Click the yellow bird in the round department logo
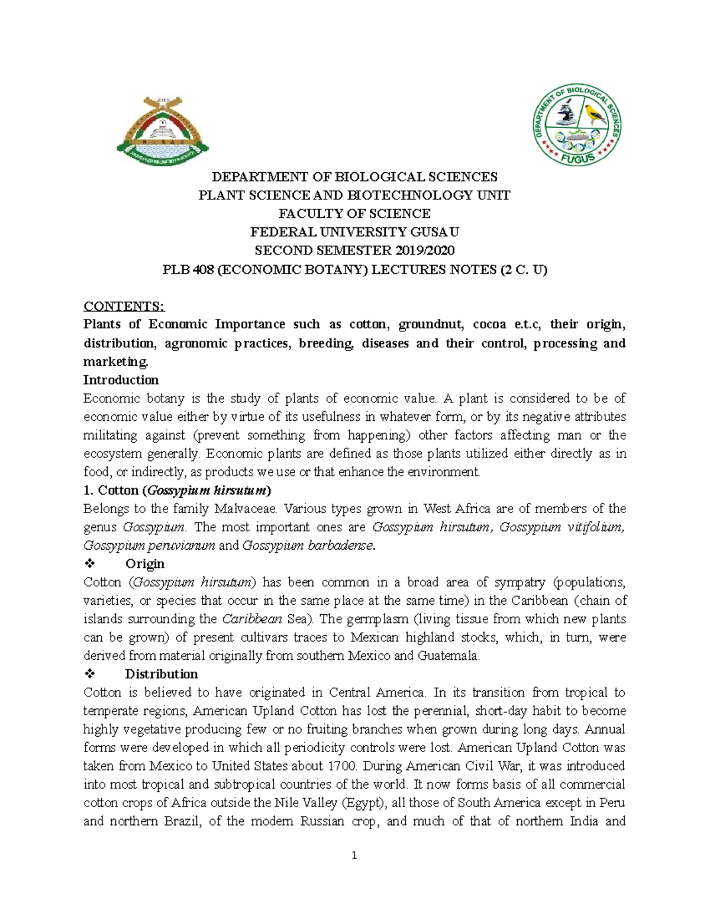[593, 112]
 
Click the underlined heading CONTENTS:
[124, 306]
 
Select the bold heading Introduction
[121, 380]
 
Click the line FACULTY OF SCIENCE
[354, 214]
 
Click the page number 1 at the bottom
[354, 855]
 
